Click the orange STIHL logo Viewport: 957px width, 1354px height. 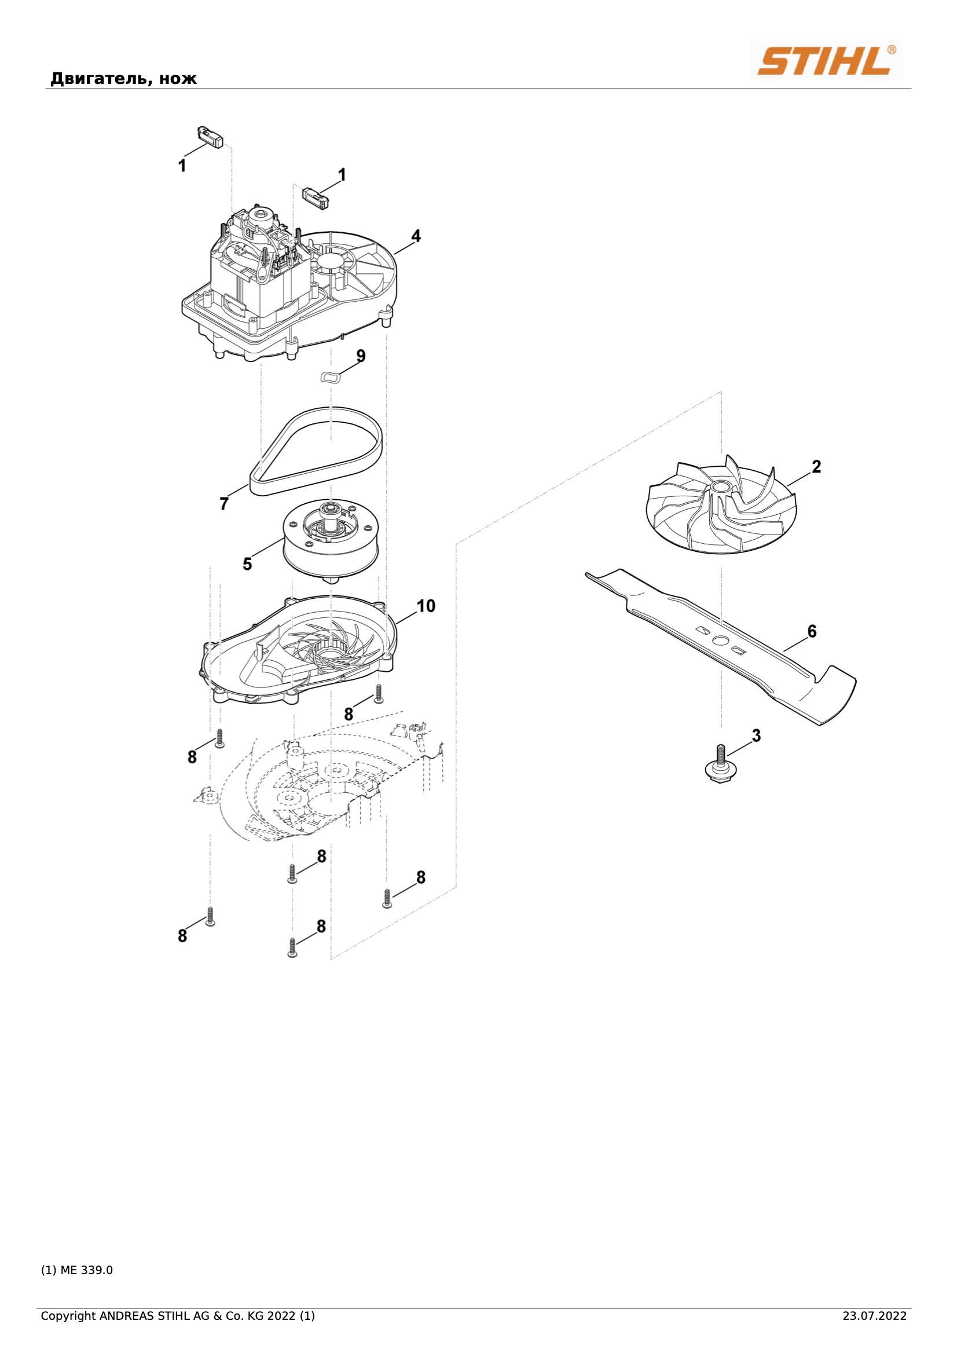coord(825,61)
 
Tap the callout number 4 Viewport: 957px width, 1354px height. coord(416,236)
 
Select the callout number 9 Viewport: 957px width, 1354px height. coord(361,356)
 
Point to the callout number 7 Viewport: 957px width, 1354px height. coord(224,504)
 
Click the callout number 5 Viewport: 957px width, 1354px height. coord(248,565)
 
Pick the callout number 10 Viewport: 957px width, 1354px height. coord(426,606)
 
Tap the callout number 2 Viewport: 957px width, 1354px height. coord(817,466)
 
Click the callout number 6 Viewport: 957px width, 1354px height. coord(812,632)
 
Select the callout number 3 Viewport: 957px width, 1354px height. coord(757,736)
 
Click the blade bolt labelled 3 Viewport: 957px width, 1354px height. coord(719,764)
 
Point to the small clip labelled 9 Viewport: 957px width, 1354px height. coord(331,377)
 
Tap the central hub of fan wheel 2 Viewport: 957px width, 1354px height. coord(722,486)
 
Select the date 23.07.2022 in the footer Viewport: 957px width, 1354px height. coord(874,1316)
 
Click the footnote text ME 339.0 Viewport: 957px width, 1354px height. coord(87,1269)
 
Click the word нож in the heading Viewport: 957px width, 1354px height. coord(178,79)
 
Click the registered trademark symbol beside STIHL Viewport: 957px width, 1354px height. coord(892,50)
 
